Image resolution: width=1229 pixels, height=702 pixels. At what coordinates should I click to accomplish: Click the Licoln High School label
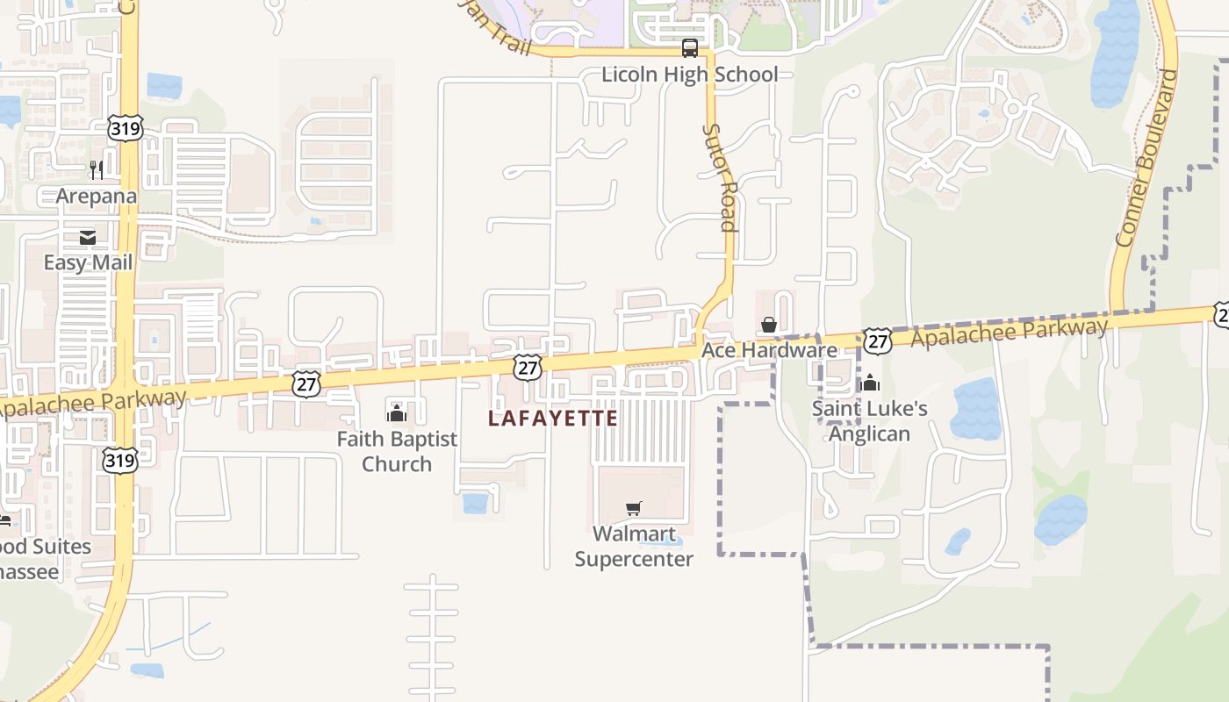[x=689, y=75]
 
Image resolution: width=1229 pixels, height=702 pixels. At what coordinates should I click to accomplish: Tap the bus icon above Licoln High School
[x=690, y=48]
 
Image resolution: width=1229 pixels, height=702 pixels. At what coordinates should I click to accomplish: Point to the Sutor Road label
[x=719, y=176]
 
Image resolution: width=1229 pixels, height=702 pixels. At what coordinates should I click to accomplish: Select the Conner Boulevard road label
[x=1146, y=158]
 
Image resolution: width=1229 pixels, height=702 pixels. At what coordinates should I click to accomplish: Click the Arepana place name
[x=97, y=196]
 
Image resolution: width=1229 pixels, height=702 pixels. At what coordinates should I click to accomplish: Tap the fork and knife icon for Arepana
[x=97, y=169]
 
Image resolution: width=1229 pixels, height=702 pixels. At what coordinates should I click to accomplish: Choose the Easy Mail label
[x=89, y=262]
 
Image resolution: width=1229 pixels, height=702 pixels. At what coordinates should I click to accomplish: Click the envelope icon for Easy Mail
[x=88, y=237]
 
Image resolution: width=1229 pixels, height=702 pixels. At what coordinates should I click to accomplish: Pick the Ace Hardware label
[x=769, y=350]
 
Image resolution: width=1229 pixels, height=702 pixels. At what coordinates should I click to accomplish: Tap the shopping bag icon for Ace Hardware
[x=769, y=325]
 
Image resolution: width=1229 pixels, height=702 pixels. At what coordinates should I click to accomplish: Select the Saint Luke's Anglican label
[x=869, y=421]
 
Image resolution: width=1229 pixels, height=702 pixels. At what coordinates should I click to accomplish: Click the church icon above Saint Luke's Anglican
[x=870, y=383]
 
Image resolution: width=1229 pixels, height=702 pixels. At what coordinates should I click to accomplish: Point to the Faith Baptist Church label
[x=397, y=451]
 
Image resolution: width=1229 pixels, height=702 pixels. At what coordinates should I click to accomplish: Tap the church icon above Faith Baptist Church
[x=397, y=412]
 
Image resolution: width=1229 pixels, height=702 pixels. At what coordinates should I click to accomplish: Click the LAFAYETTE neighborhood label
[x=553, y=419]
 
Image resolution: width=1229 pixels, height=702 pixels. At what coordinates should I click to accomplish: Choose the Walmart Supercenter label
[x=634, y=546]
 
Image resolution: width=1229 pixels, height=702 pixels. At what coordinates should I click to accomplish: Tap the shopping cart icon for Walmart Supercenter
[x=634, y=508]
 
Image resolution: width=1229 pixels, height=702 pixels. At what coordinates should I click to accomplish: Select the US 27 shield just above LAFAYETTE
[x=528, y=367]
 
